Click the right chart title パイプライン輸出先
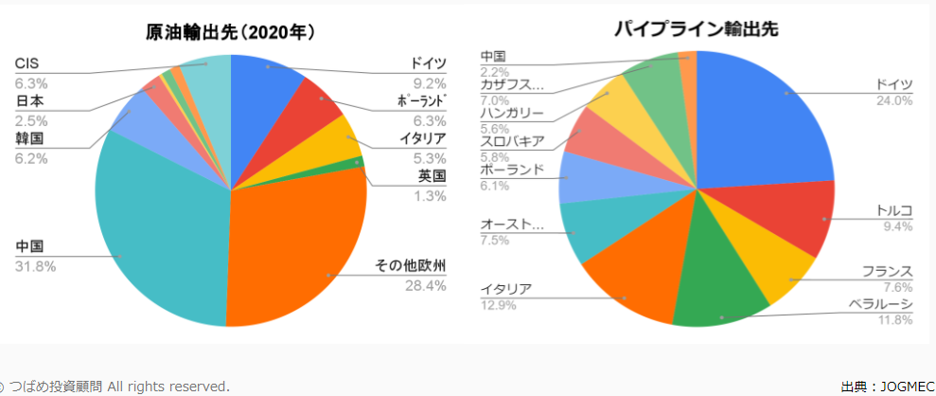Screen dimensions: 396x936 (696, 29)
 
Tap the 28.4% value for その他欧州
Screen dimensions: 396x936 (425, 285)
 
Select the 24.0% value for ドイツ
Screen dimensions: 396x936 (894, 100)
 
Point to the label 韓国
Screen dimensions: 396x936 (30, 139)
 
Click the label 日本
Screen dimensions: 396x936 (30, 101)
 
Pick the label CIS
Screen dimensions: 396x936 (27, 63)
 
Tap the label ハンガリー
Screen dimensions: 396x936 (512, 114)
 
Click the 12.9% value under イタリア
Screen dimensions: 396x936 (498, 304)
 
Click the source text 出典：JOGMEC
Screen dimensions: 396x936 (884, 386)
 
